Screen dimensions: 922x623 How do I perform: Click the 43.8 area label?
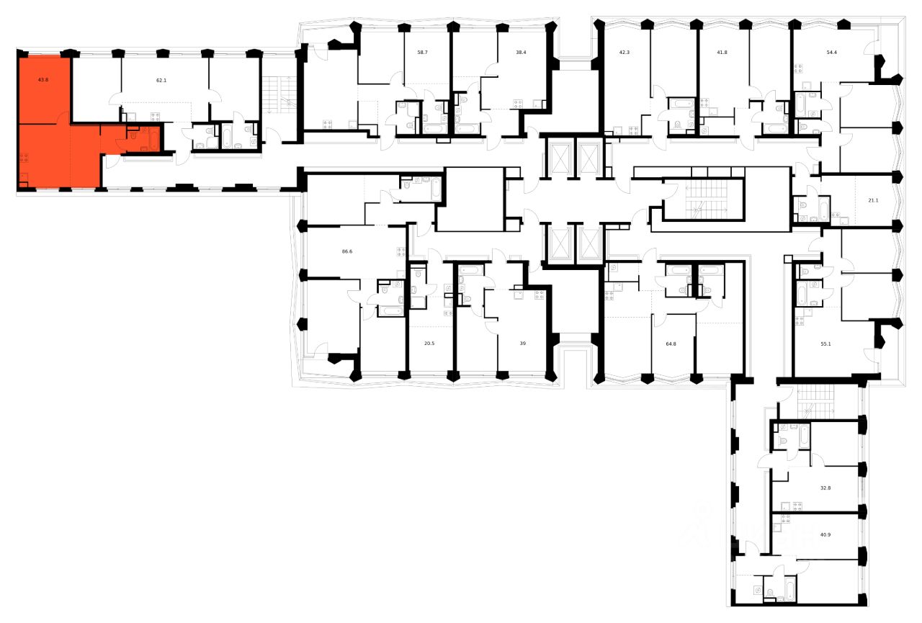click(x=42, y=80)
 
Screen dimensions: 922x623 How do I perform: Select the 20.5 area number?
click(x=429, y=344)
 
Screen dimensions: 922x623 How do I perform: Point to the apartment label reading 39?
click(x=523, y=344)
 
